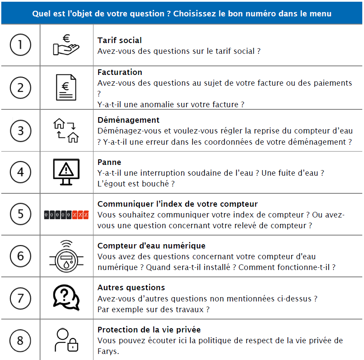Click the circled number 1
[21, 45]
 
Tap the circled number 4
[21, 172]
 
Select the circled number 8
[21, 340]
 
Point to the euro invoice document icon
[66, 87]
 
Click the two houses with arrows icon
[66, 130]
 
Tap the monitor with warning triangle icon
[66, 172]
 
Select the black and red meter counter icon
[66, 214]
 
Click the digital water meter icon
[66, 256]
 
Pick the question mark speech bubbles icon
[66, 298]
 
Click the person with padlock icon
[66, 340]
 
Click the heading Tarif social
[119, 40]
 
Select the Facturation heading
[120, 72]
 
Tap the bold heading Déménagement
[128, 120]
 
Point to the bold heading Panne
[109, 162]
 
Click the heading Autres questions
[131, 288]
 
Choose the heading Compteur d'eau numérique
[151, 246]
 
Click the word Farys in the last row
[108, 351]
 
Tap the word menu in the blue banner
[320, 13]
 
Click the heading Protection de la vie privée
[149, 330]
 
